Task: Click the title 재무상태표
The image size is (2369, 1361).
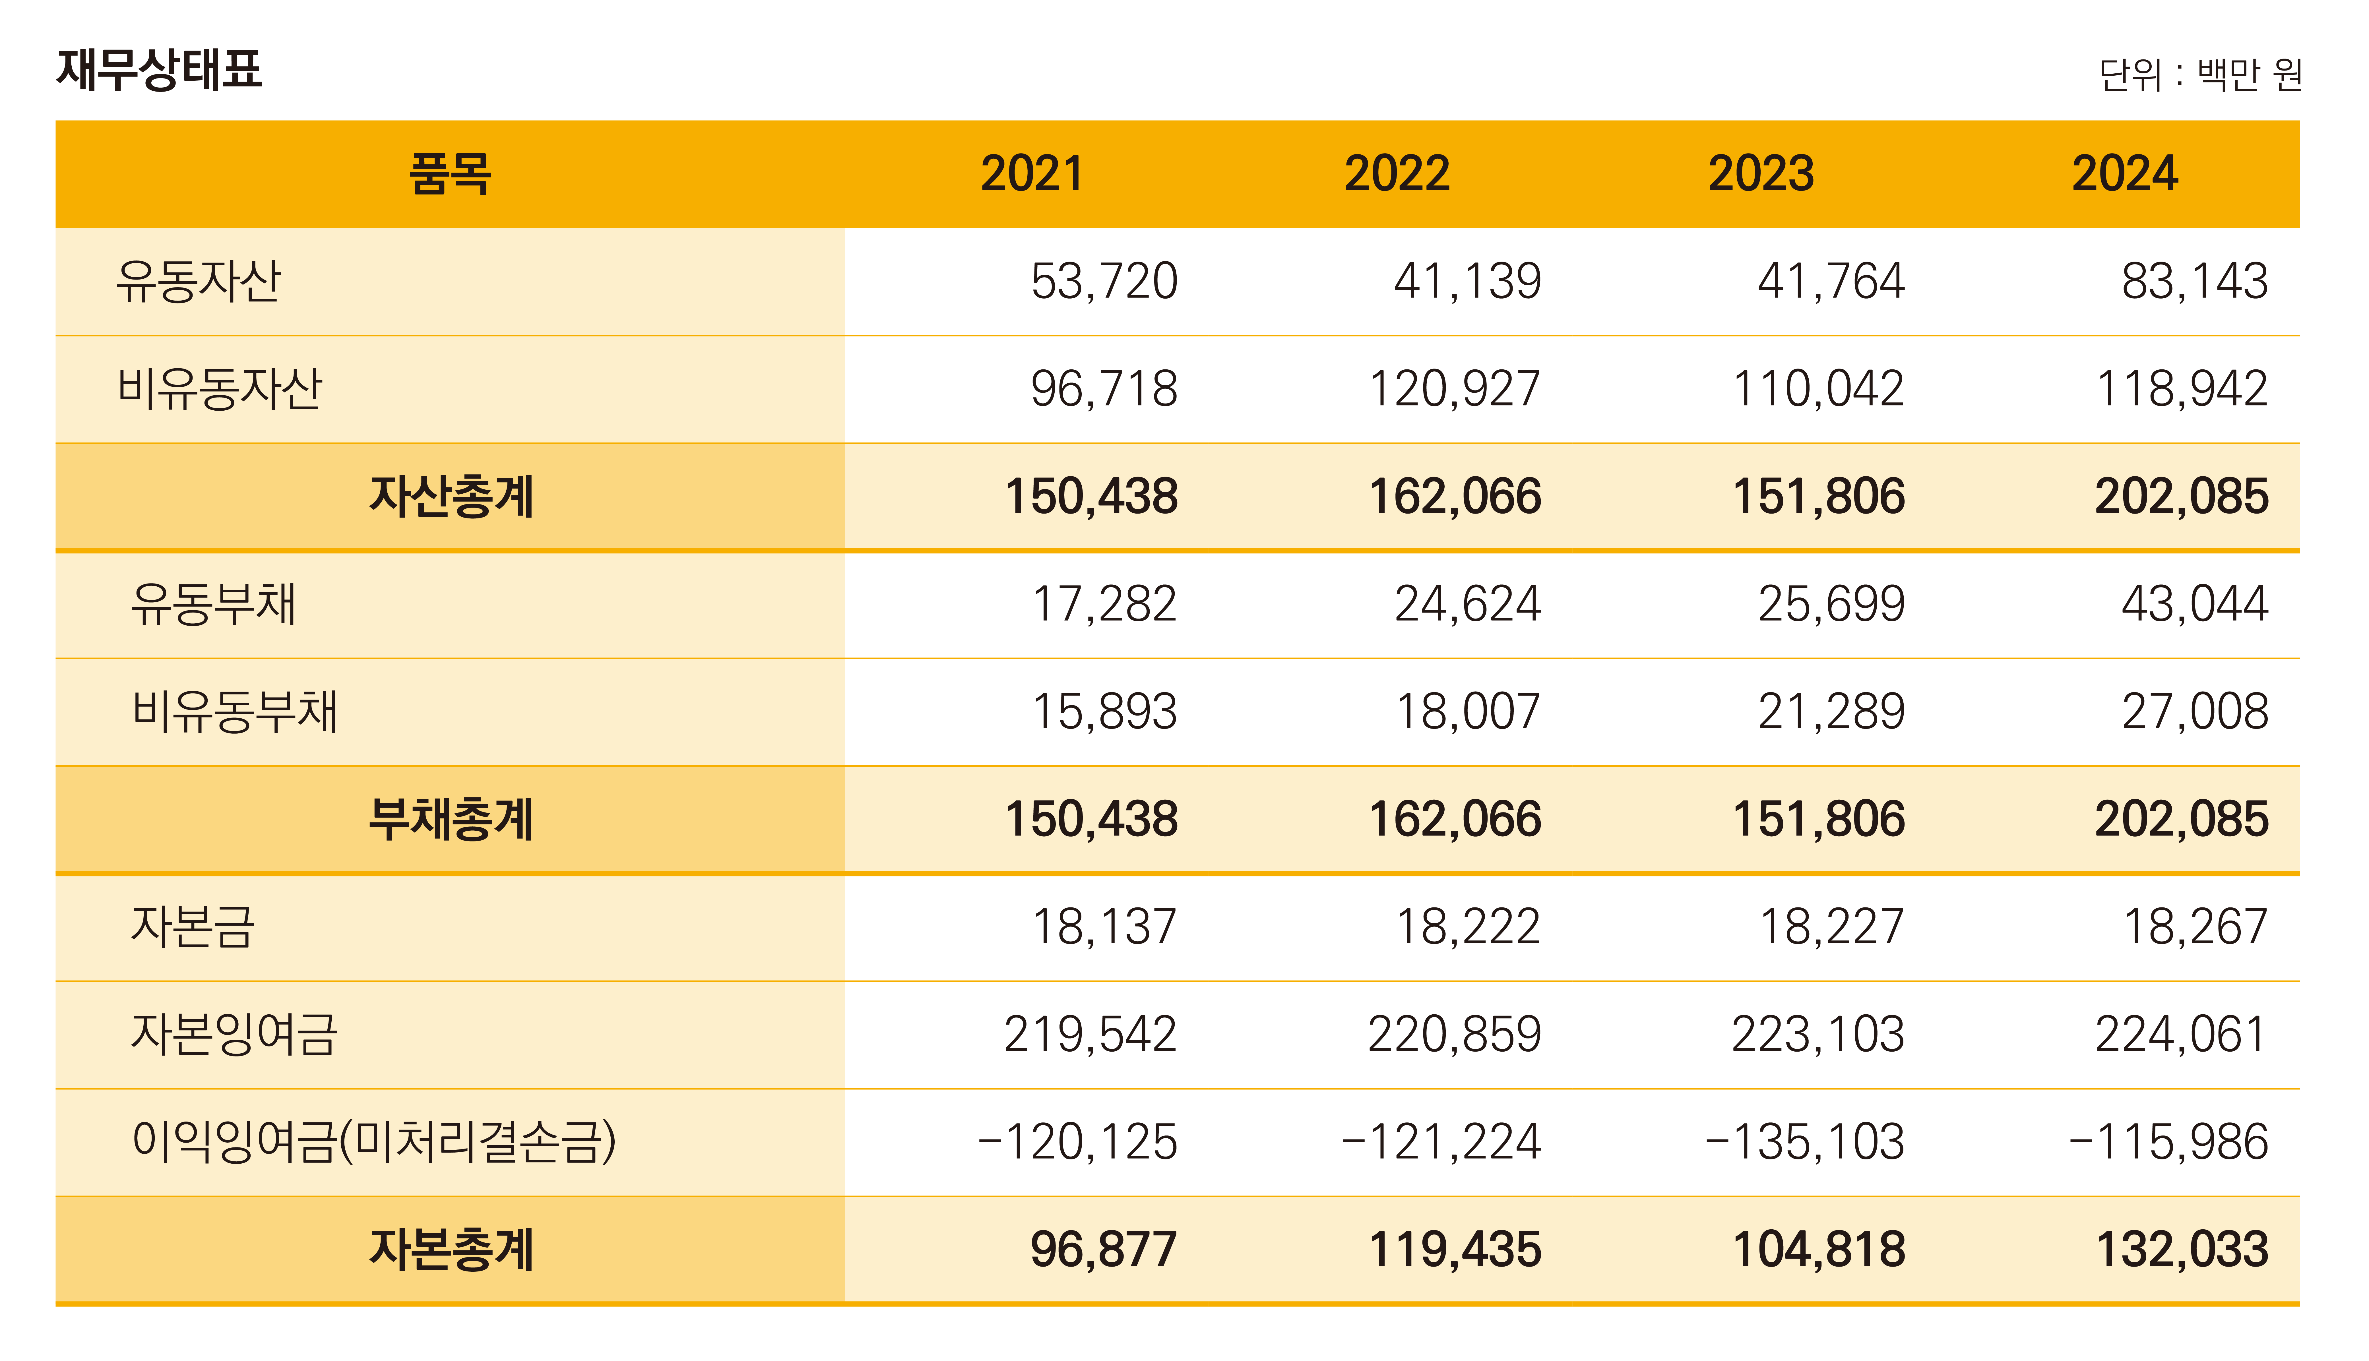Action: [x=160, y=70]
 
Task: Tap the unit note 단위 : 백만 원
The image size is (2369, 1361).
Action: [x=2200, y=75]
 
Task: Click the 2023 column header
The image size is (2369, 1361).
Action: [x=1760, y=174]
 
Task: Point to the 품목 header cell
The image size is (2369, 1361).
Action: [x=450, y=174]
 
